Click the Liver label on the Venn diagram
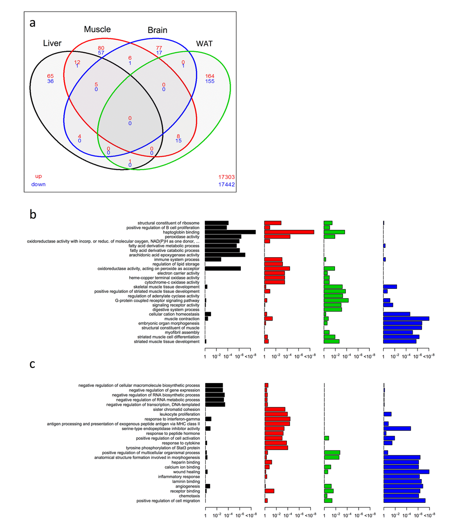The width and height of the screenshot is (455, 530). click(52, 43)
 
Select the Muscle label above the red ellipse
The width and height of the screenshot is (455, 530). click(97, 29)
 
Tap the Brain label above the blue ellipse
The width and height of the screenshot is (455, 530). click(157, 30)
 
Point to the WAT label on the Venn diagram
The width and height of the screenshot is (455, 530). click(204, 44)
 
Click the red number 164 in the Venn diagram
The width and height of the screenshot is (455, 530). click(210, 76)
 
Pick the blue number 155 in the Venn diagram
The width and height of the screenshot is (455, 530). click(210, 81)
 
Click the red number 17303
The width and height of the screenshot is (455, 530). click(226, 177)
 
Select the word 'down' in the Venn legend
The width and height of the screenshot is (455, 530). click(38, 184)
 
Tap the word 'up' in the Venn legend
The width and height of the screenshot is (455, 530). click(38, 176)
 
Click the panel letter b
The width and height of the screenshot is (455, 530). click(33, 214)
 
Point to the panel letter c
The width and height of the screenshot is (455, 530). click(33, 364)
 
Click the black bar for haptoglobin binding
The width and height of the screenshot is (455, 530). click(230, 232)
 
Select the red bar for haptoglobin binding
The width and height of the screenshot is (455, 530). click(289, 232)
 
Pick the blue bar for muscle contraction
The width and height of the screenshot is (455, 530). click(406, 319)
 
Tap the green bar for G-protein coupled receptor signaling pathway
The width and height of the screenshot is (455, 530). click(336, 300)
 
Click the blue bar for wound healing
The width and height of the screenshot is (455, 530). click(406, 472)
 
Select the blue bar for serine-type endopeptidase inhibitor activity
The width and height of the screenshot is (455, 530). click(397, 429)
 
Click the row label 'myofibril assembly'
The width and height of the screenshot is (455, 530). click(182, 333)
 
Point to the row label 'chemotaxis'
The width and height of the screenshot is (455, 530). click(190, 496)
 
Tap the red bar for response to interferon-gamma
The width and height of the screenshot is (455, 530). click(277, 419)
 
